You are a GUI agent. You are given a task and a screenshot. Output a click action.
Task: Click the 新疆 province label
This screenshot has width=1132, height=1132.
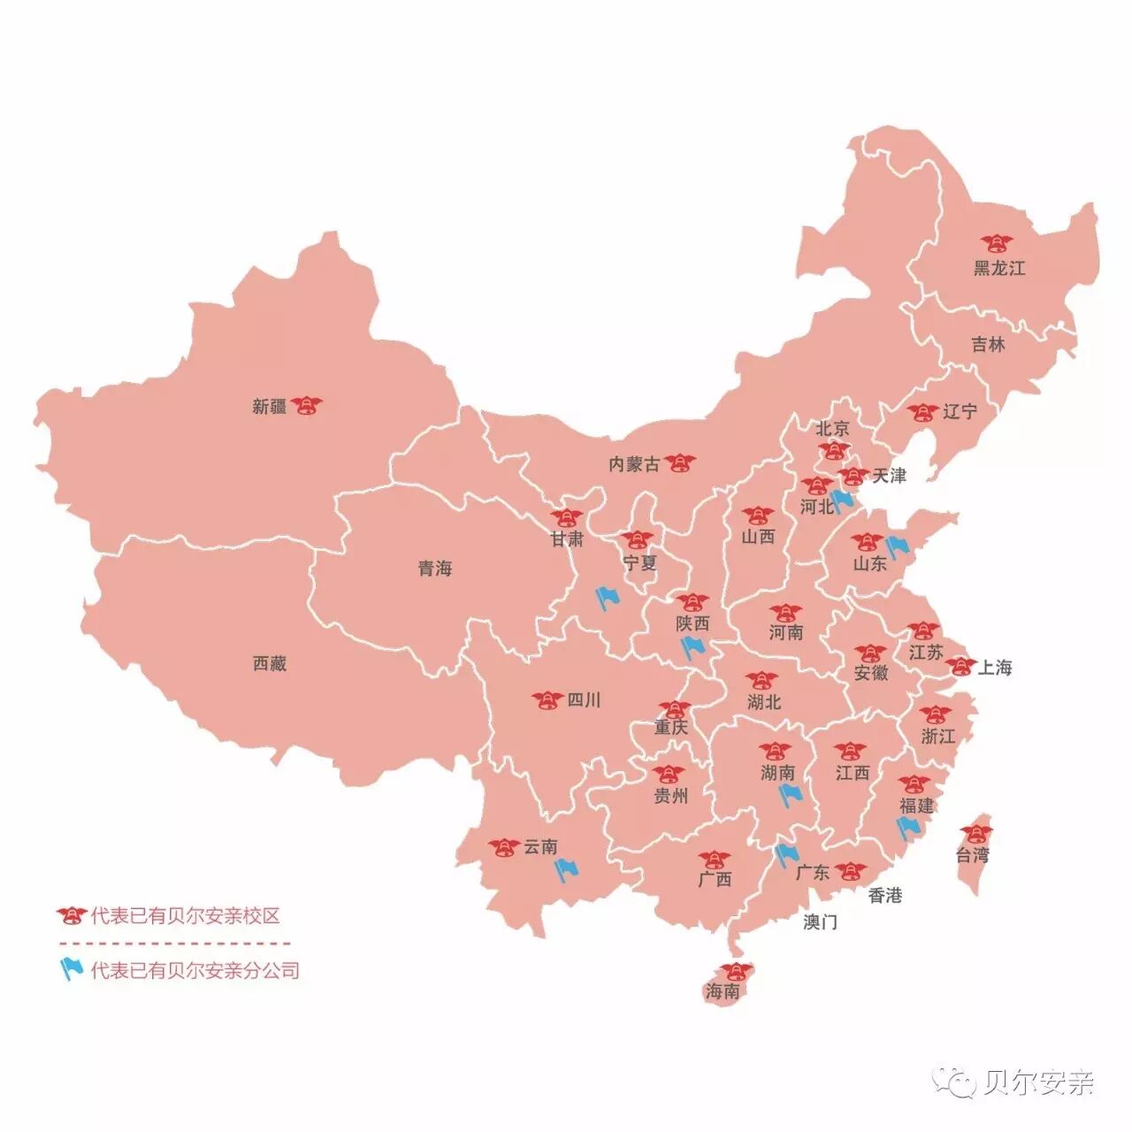[269, 407]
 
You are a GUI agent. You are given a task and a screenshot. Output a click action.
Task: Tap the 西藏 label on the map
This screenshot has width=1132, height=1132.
[270, 663]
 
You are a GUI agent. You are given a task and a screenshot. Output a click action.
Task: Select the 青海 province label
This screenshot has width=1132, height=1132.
[435, 569]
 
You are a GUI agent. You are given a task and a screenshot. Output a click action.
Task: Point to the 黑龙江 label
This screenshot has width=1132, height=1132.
[999, 268]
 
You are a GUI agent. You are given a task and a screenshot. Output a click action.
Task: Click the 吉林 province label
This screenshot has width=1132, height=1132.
[988, 345]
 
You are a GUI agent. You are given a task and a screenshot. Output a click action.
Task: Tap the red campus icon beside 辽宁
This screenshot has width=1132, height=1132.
[922, 412]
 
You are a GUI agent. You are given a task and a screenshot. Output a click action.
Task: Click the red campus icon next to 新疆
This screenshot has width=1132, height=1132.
[307, 406]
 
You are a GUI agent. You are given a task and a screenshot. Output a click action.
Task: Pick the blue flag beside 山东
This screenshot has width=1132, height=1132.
[898, 547]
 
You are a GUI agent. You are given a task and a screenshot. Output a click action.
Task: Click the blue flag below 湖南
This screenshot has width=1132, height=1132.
[789, 796]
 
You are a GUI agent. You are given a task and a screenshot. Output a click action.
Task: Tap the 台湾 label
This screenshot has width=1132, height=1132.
[972, 855]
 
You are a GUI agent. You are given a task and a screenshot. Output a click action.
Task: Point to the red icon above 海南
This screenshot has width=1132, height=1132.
[736, 970]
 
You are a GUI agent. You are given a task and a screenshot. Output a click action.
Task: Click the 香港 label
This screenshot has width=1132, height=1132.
[884, 895]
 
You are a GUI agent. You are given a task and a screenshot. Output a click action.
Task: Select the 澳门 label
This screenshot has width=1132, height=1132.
[820, 922]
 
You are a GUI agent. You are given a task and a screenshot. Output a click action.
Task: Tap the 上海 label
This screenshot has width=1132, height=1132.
[995, 668]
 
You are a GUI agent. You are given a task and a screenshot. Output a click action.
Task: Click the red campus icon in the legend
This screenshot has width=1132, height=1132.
[71, 915]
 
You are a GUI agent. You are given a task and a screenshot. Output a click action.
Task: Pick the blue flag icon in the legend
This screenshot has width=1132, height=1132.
[71, 969]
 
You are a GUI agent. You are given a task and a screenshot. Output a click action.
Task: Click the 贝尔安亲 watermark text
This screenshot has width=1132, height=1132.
[1038, 1082]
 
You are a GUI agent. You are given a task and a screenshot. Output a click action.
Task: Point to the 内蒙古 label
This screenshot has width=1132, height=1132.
[634, 464]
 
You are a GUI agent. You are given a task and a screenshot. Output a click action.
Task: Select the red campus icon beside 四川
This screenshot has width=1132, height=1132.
[547, 700]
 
